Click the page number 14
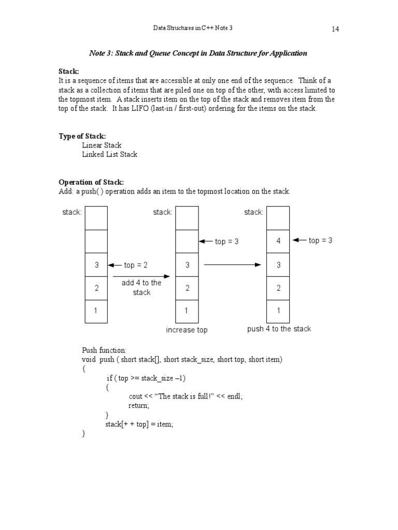click(335, 29)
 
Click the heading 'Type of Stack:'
click(82, 136)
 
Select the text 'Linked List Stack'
click(109, 154)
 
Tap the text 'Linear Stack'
click(102, 145)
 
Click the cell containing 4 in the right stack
click(278, 241)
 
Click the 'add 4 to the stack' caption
click(141, 288)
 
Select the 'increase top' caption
click(187, 330)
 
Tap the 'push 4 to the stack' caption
click(279, 329)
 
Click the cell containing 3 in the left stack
click(96, 265)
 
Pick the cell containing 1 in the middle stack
click(187, 311)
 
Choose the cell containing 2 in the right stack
click(278, 288)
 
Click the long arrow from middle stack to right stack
click(232, 265)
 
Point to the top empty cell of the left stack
click(96, 218)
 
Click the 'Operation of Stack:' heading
click(91, 182)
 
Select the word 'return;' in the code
click(139, 405)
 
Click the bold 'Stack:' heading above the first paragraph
click(69, 71)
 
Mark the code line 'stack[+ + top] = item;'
click(139, 424)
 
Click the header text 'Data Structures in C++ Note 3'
click(193, 27)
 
